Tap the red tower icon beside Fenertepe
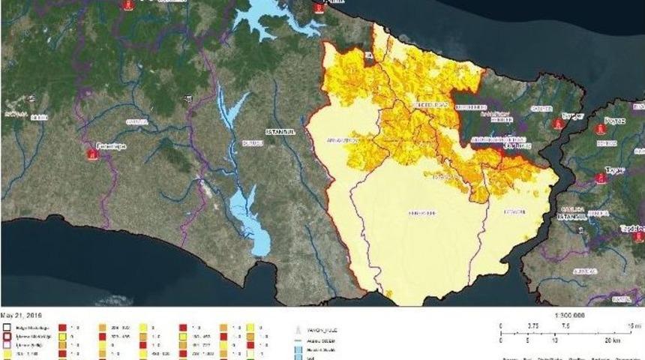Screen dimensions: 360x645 click(91, 154)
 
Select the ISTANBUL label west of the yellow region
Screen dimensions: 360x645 click(278, 131)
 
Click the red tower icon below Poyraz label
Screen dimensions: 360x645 click(601, 130)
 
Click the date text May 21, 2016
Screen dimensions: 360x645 click(22, 316)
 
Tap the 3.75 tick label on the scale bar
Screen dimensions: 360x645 click(533, 326)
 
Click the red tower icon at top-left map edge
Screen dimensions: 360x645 click(127, 4)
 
